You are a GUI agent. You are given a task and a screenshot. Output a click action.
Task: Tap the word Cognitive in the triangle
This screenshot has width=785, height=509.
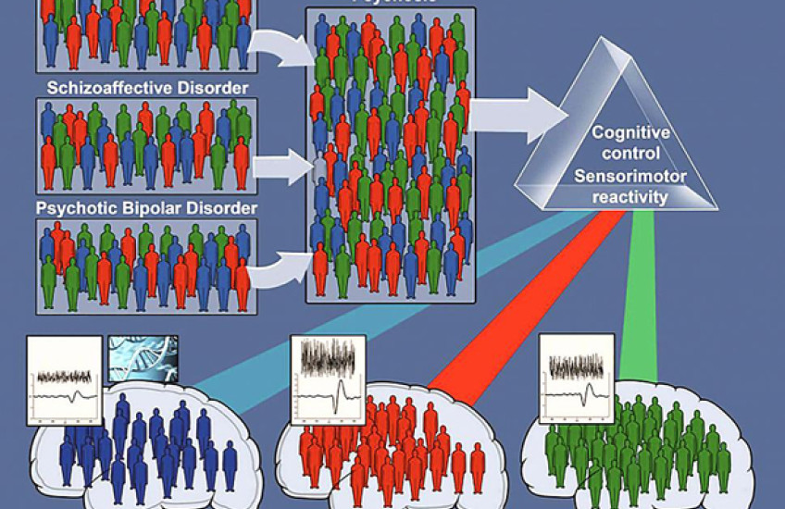pyautogui.click(x=630, y=133)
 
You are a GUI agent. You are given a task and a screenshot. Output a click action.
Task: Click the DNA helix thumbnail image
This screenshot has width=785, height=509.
pyautogui.click(x=143, y=359)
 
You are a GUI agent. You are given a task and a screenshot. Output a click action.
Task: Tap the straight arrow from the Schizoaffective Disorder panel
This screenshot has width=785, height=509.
pyautogui.click(x=280, y=168)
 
